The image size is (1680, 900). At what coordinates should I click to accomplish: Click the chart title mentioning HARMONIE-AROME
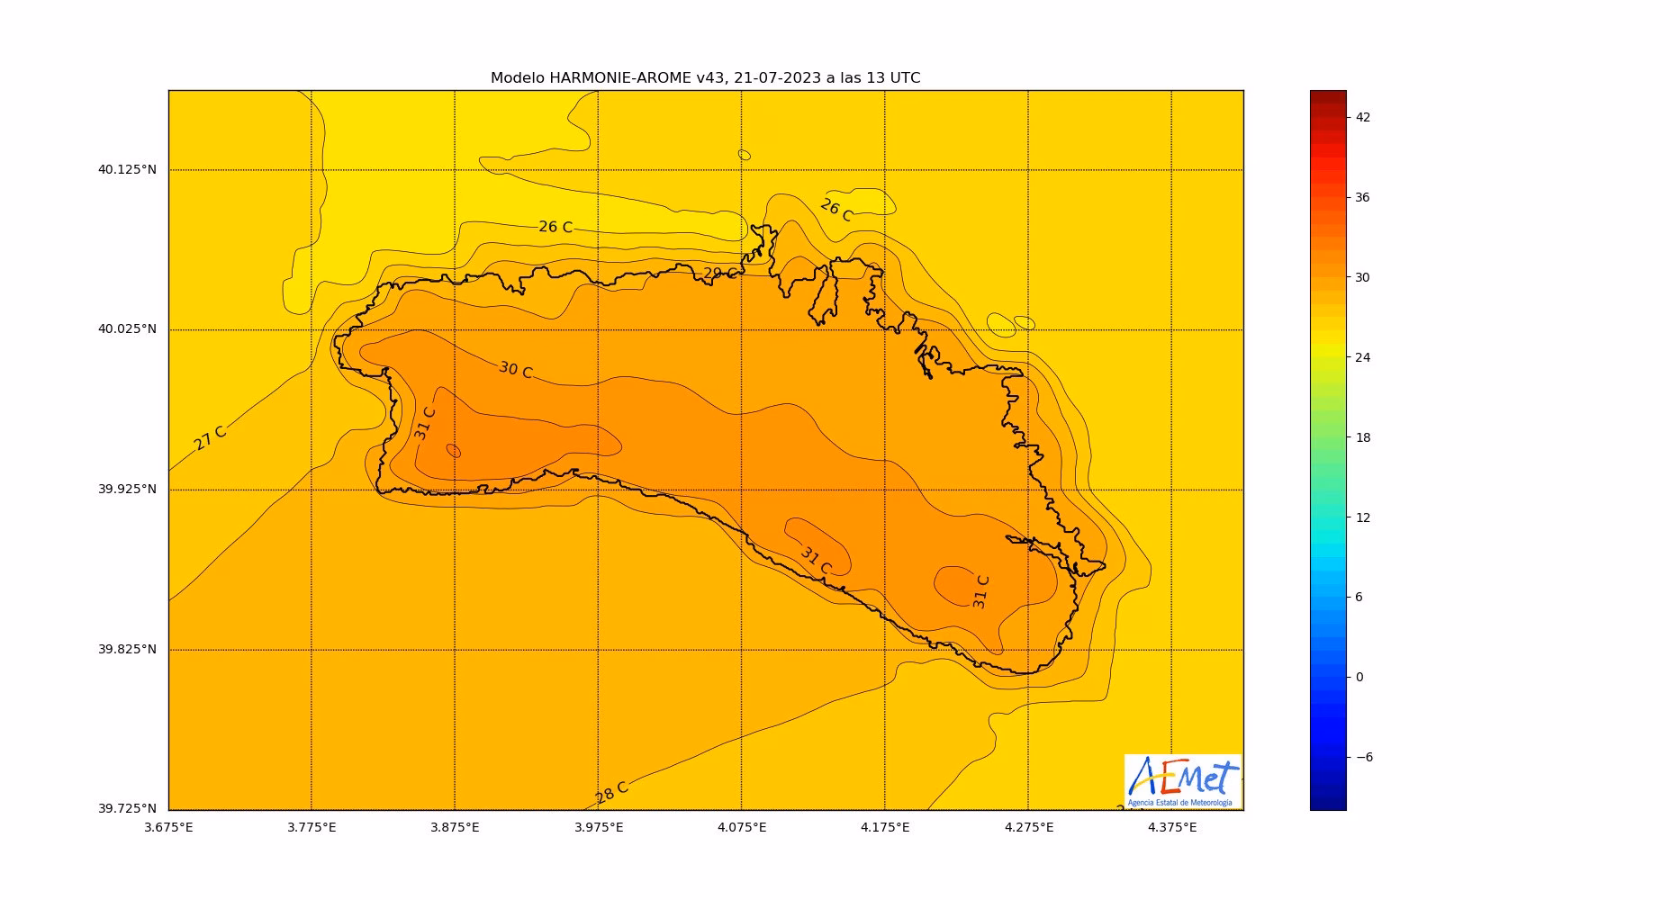[705, 78]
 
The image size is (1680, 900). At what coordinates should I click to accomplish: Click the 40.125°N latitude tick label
[127, 169]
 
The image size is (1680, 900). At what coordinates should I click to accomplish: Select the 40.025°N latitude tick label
[127, 329]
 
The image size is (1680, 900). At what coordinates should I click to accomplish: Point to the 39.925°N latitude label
[127, 490]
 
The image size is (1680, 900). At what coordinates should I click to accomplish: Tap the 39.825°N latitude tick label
[127, 650]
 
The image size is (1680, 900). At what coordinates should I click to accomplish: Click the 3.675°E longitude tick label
[168, 828]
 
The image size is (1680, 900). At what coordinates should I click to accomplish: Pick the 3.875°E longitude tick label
[455, 828]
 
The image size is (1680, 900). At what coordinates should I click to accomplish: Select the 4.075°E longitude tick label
[742, 828]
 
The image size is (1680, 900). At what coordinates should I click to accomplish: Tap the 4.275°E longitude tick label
[1028, 828]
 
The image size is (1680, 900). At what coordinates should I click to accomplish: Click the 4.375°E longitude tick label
[1171, 828]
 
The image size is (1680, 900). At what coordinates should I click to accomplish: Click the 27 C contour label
[210, 437]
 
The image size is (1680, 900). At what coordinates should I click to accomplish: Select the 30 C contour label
[515, 370]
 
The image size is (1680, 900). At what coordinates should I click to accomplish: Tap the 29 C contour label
[719, 274]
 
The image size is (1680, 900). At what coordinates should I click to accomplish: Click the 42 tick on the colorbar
[1362, 117]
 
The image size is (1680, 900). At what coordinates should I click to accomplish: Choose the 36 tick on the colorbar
[1362, 197]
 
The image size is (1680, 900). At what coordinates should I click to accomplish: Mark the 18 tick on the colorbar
[1362, 437]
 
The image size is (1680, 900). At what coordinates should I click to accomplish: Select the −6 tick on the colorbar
[1364, 758]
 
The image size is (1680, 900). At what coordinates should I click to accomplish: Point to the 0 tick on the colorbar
[1359, 678]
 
